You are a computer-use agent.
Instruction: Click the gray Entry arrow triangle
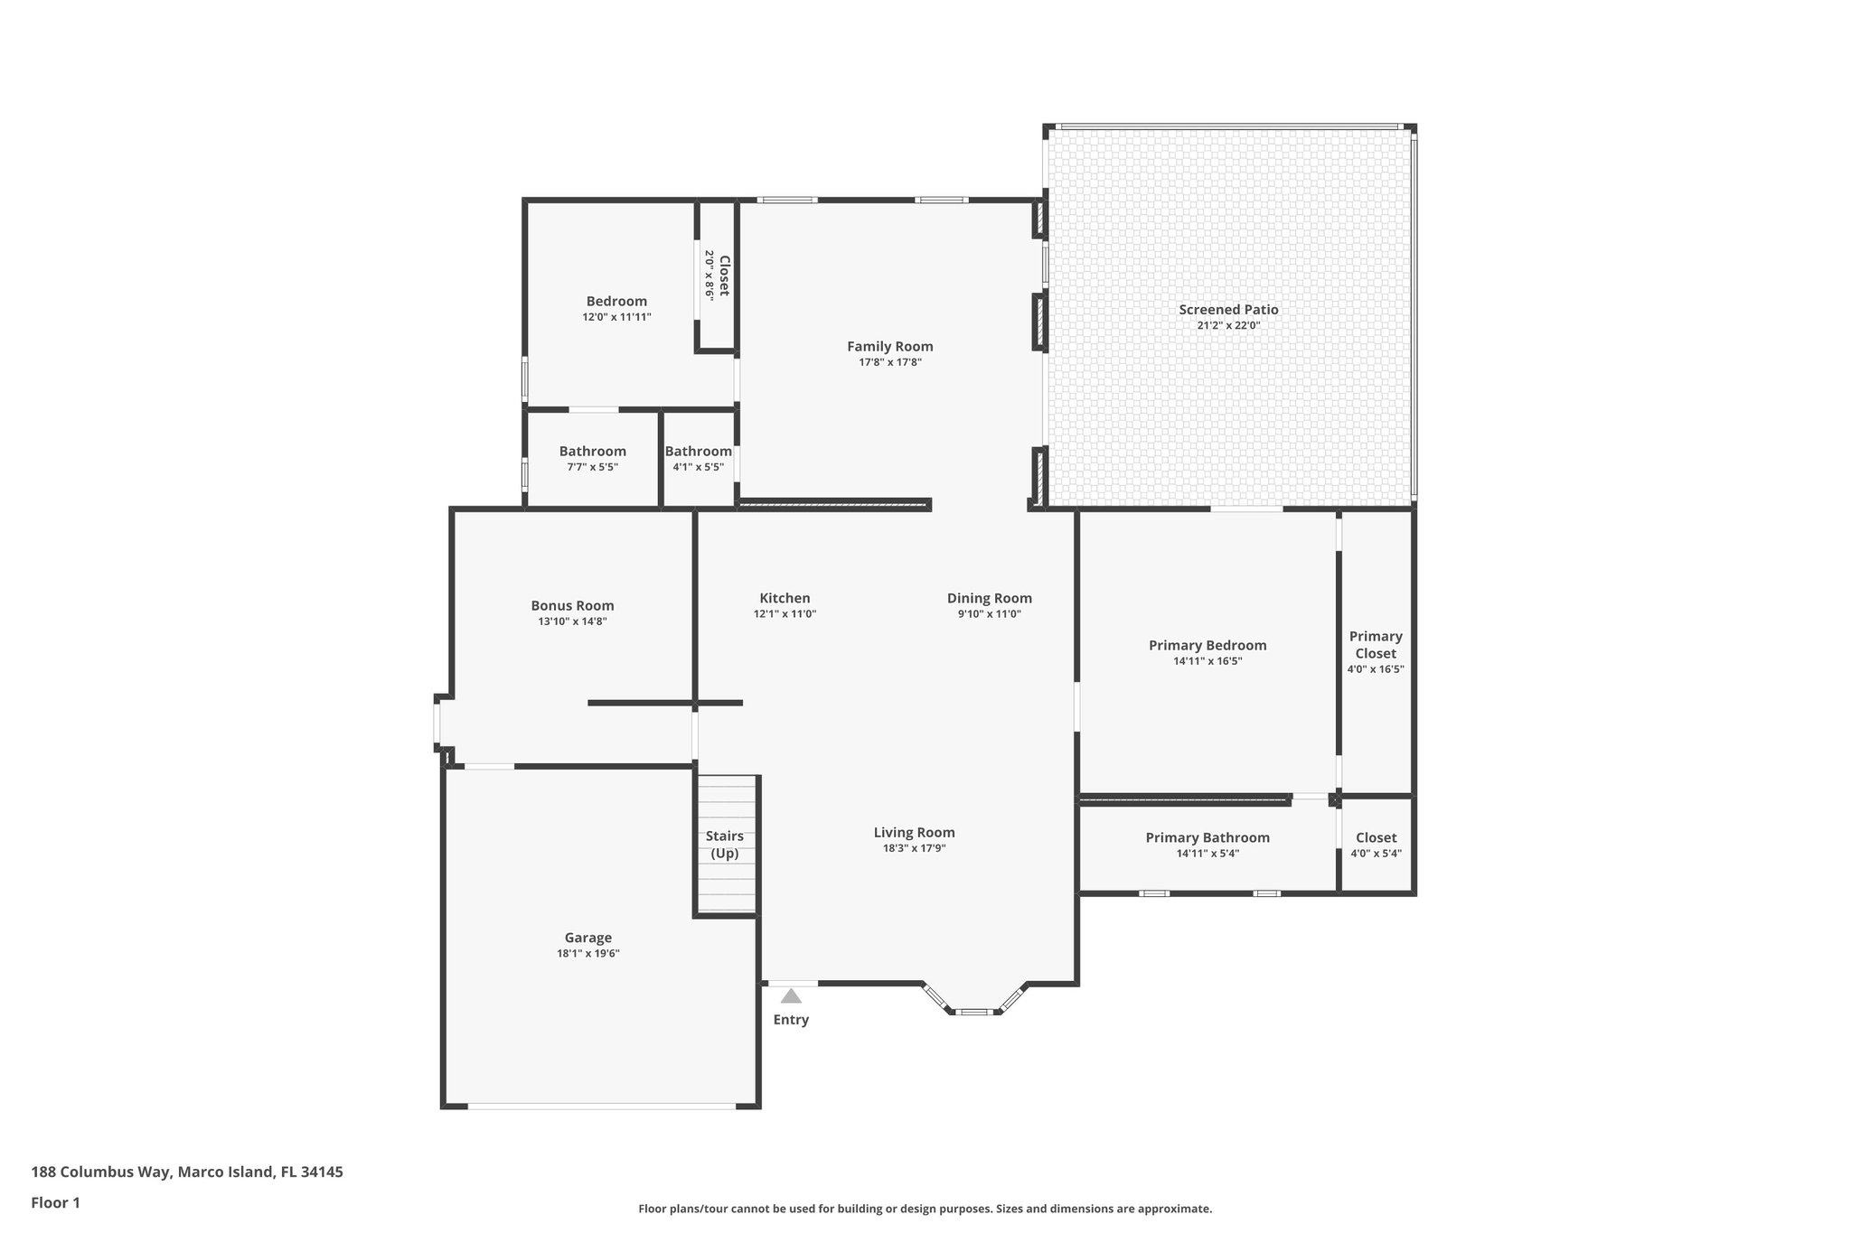point(791,996)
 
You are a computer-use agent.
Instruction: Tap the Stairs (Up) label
point(725,845)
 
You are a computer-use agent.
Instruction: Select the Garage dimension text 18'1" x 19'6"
point(588,954)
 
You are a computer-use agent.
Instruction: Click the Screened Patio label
point(1228,310)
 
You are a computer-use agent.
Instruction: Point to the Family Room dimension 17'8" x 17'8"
point(890,362)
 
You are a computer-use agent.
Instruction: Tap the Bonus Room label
point(572,606)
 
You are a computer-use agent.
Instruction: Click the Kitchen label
point(785,598)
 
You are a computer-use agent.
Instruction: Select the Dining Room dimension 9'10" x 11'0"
point(990,614)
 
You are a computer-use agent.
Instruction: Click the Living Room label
point(914,833)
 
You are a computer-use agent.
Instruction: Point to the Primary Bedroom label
point(1207,645)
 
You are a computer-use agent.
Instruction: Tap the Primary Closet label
point(1376,645)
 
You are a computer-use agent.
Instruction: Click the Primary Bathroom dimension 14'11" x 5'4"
point(1207,854)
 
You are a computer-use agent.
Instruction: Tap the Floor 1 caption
point(56,1203)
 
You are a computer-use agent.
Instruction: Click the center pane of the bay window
point(973,1012)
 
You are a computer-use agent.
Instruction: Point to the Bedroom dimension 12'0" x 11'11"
point(616,317)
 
